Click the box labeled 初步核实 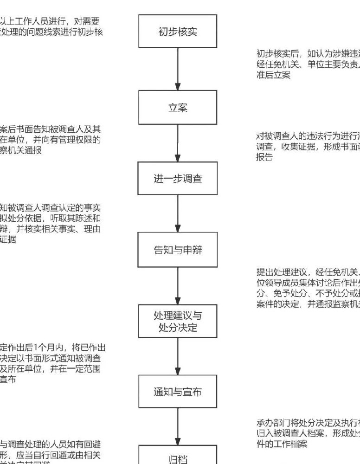(x=178, y=31)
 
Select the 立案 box (x=178, y=107)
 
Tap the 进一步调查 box (x=178, y=178)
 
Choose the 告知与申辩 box (x=178, y=250)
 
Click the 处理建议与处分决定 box (x=178, y=322)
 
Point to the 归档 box (x=178, y=457)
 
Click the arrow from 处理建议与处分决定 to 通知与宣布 (x=178, y=357)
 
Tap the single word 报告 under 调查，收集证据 (x=264, y=157)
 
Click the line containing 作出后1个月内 (x=53, y=347)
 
